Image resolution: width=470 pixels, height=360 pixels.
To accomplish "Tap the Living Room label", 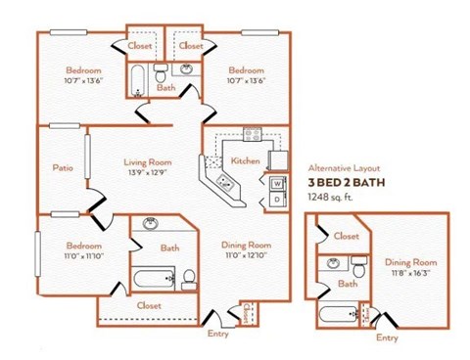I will pyautogui.click(x=147, y=162).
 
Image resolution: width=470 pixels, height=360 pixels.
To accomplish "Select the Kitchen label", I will pyautogui.click(x=244, y=159).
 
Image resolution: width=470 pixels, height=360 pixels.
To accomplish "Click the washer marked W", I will pyautogui.click(x=277, y=183).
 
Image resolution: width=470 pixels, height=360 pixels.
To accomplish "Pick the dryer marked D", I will pyautogui.click(x=277, y=199).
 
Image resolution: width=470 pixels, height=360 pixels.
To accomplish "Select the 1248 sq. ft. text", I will pyautogui.click(x=330, y=198).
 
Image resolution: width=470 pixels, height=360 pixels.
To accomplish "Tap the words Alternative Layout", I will pyautogui.click(x=343, y=168).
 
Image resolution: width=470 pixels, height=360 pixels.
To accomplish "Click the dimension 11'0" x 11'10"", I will pyautogui.click(x=83, y=255).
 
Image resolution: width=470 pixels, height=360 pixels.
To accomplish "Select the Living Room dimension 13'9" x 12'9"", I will pyautogui.click(x=147, y=173).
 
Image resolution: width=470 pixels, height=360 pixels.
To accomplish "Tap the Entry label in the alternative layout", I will pyautogui.click(x=387, y=337).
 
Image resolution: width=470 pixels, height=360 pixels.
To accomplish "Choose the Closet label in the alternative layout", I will pyautogui.click(x=346, y=236).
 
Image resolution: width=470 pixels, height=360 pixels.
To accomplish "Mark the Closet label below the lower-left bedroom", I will pyautogui.click(x=149, y=305).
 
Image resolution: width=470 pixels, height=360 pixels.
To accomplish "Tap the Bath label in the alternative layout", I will pyautogui.click(x=348, y=284).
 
